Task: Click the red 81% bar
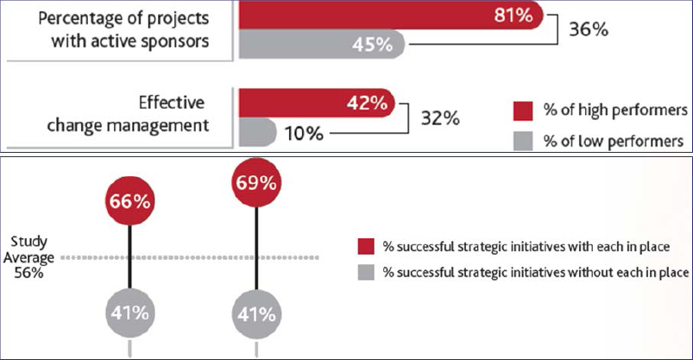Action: point(388,15)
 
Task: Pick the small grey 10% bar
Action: point(256,133)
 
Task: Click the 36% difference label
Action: point(589,28)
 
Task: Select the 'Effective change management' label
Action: point(153,115)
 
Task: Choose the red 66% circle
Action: point(130,202)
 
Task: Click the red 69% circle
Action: point(256,184)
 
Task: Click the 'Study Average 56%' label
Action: point(33,256)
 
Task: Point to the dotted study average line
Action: point(198,256)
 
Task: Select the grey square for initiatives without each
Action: point(366,273)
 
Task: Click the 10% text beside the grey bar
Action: point(303,135)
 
